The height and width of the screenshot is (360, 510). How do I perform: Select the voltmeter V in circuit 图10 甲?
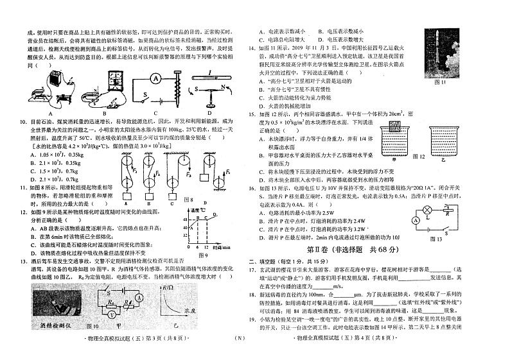[x=111, y=315]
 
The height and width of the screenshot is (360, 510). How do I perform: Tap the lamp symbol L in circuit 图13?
[x=425, y=210]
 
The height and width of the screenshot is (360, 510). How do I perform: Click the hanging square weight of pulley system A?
[x=128, y=197]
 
